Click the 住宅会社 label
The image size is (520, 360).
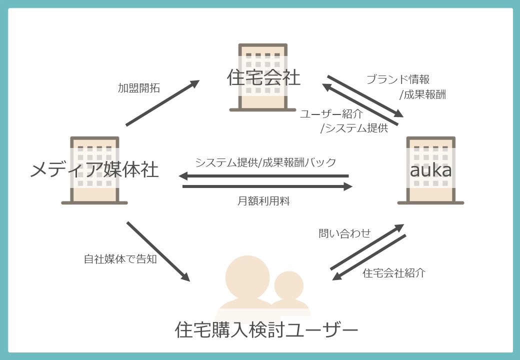point(263,78)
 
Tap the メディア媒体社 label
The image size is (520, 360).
point(94,170)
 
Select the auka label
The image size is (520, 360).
point(430,170)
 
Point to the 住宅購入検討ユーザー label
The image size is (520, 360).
point(267,330)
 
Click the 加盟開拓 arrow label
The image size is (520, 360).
point(139,88)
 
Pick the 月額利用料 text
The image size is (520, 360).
point(263,201)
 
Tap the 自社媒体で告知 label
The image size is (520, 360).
point(120,259)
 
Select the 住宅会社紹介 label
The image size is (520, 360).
point(394,273)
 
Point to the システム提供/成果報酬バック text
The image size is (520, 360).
point(265,162)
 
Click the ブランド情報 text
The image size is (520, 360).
point(398,79)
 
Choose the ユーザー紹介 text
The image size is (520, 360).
point(331,114)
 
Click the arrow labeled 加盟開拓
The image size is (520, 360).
point(162,103)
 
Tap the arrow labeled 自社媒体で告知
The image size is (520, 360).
point(158,251)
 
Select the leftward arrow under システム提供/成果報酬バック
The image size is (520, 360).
point(263,176)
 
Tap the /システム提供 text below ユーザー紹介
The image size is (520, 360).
point(354,128)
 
